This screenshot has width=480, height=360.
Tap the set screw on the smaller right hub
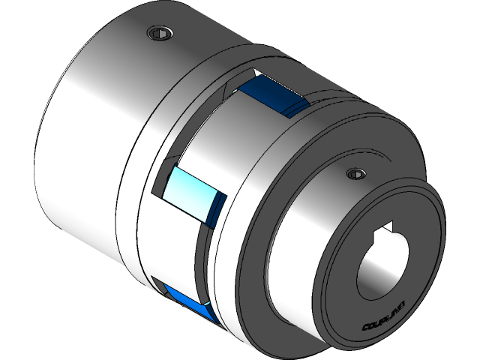pyautogui.click(x=353, y=175)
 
